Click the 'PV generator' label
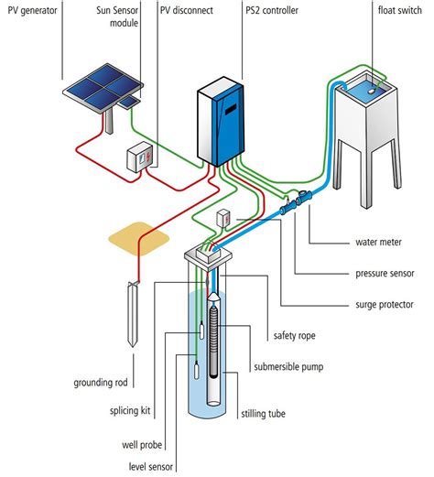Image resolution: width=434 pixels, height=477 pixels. pos(32,11)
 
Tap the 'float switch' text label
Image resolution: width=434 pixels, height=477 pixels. pos(400,10)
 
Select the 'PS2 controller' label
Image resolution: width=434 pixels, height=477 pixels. pos(272,10)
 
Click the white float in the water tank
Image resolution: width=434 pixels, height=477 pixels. pos(371,91)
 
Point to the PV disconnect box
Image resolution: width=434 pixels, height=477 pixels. pos(139,157)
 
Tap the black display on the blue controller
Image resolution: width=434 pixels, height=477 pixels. pos(231,109)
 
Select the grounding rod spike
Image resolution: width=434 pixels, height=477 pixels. pos(132,314)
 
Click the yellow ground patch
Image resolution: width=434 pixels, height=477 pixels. pos(139,238)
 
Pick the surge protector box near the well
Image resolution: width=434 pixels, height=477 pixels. pos(223,218)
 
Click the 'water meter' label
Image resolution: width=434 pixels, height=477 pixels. pos(378,242)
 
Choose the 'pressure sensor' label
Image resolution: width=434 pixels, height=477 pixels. pos(385,274)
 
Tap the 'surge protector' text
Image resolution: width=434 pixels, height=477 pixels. pos(385,305)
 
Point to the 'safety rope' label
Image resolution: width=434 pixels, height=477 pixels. pos(294,336)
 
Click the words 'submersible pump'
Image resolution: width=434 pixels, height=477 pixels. pos(288,367)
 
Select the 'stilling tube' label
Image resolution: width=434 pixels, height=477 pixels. pos(263,414)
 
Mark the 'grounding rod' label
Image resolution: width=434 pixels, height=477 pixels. pos(101,383)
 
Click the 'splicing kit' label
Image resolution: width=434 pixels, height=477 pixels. pos(130,411)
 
